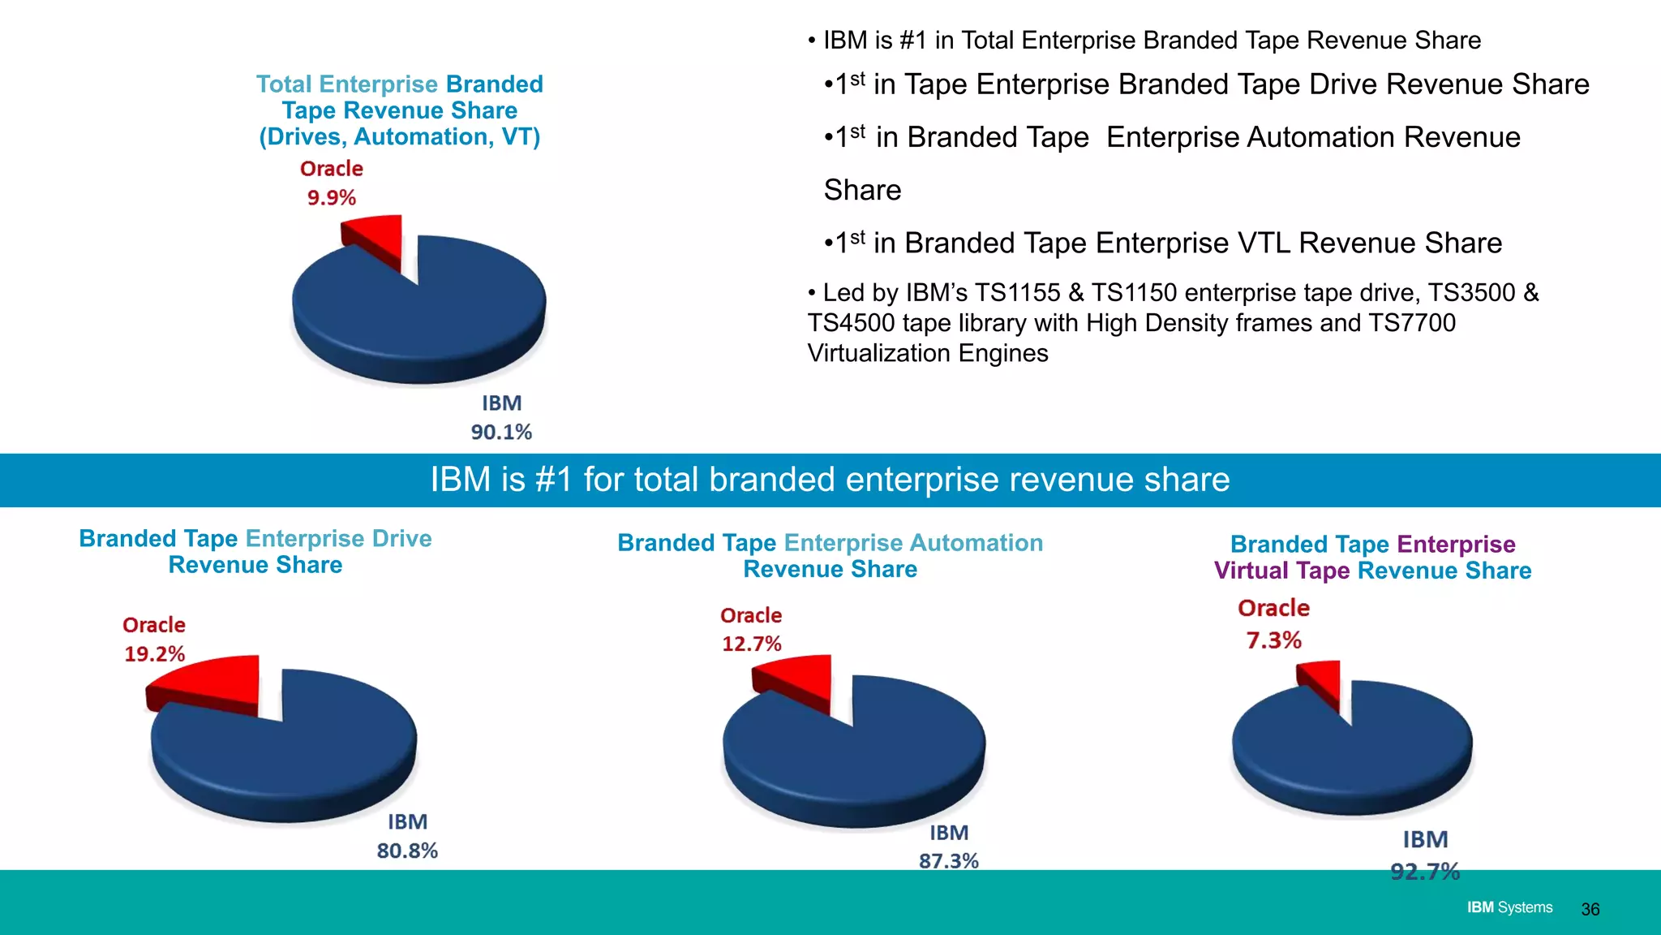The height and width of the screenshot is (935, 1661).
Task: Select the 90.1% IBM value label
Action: [x=501, y=432]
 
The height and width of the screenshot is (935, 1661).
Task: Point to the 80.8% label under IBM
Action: [x=407, y=851]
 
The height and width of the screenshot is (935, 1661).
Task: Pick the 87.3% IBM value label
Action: [x=948, y=861]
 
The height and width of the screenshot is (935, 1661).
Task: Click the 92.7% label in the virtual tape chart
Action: [x=1424, y=872]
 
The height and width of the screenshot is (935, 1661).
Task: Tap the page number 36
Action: [x=1590, y=909]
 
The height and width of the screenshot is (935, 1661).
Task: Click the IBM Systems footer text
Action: [x=1509, y=907]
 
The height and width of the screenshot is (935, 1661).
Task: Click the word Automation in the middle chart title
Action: [x=976, y=543]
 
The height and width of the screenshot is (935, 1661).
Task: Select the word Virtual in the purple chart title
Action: [x=1251, y=571]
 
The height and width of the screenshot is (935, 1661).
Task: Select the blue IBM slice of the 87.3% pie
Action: [x=860, y=763]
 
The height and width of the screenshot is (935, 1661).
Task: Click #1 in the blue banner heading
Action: [x=555, y=480]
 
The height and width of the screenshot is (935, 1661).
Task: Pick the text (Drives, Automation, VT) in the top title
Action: [x=399, y=137]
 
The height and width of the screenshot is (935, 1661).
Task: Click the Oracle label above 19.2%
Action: [x=154, y=625]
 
